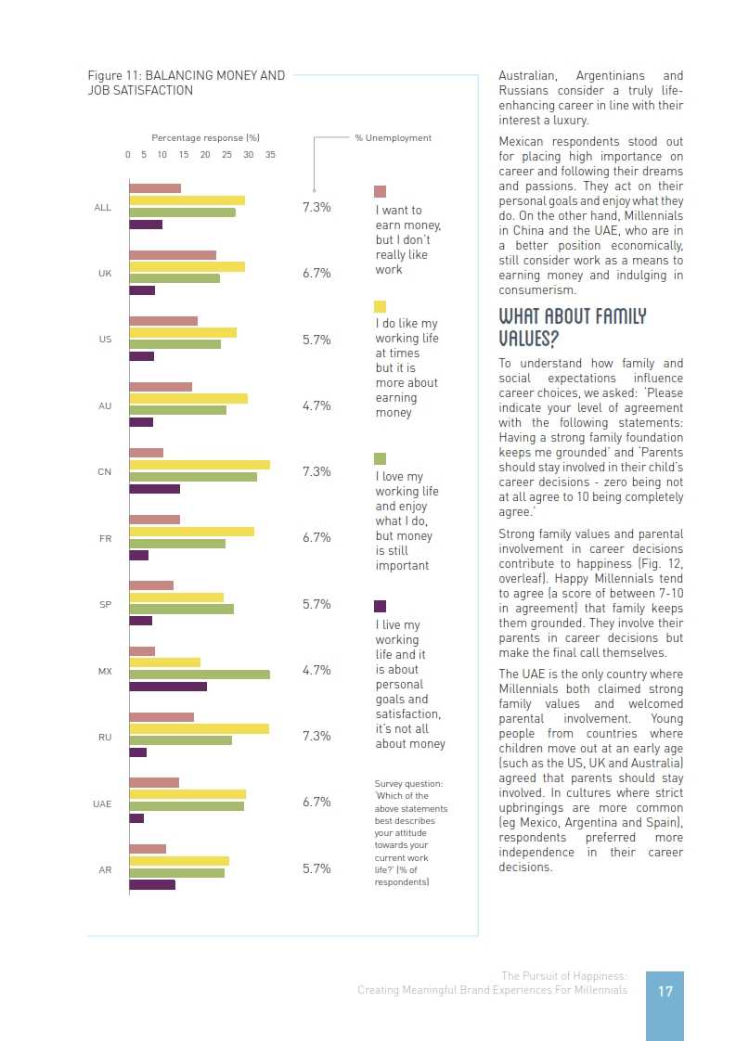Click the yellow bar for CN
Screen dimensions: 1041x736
coord(200,465)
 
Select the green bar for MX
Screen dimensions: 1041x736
coord(200,675)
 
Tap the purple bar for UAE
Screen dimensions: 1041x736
coord(136,818)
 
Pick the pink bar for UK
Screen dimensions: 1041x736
coord(173,255)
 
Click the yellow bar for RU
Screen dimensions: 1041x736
coord(199,729)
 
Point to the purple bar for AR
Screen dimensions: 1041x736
coord(152,884)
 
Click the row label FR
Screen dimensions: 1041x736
coord(105,538)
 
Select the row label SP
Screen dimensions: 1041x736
coord(105,605)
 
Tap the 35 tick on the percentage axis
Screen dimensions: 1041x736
coord(270,155)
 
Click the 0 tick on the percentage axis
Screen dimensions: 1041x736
coord(128,155)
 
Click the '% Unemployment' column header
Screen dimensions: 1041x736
coord(393,138)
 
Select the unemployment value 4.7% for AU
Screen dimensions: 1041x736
coord(316,405)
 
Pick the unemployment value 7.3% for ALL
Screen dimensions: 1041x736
coord(316,207)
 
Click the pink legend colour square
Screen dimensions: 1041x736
coord(380,192)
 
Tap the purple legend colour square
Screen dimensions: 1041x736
coord(380,606)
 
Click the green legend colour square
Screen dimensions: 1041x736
coord(380,458)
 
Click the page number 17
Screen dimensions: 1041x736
coord(665,991)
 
